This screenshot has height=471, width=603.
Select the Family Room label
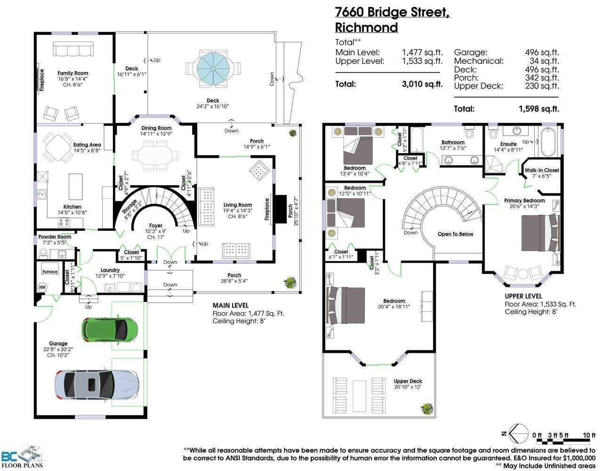[73, 73]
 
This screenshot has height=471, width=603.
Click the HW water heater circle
[42, 287]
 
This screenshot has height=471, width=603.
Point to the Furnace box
[50, 272]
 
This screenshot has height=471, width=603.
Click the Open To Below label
[455, 234]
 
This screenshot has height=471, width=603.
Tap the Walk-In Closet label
[542, 170]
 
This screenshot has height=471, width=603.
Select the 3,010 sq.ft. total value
[422, 84]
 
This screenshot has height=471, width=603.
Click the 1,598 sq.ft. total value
[539, 109]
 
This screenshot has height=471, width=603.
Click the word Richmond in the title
[366, 27]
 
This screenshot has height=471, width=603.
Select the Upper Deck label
[408, 381]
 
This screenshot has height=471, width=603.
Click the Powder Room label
[55, 237]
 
